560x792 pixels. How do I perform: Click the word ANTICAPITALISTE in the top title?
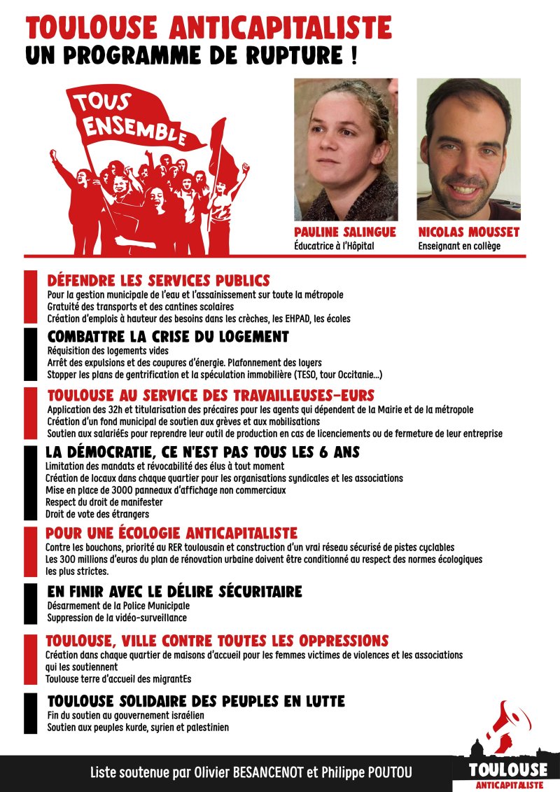click(x=280, y=28)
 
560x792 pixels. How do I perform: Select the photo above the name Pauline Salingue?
click(x=346, y=149)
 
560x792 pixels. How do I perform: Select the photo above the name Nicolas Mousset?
click(x=469, y=149)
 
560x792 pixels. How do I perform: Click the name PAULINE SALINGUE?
click(x=346, y=232)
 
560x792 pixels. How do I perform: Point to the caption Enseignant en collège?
click(x=459, y=246)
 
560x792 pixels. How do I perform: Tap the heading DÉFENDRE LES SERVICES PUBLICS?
click(x=158, y=281)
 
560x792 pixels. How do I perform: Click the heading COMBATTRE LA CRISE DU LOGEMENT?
click(x=168, y=337)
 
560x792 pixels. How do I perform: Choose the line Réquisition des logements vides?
click(x=108, y=351)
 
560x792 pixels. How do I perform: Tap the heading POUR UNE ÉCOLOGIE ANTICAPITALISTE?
click(x=171, y=533)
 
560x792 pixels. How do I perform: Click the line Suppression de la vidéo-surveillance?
click(x=117, y=618)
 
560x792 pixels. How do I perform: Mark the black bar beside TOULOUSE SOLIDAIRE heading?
click(x=30, y=713)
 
